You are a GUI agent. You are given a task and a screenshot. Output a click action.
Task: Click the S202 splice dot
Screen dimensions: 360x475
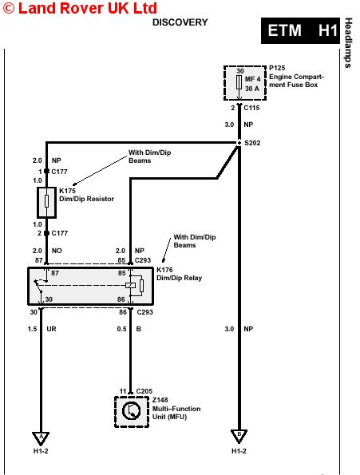(x=239, y=143)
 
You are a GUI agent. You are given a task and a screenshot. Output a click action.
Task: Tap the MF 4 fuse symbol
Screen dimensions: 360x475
(x=239, y=82)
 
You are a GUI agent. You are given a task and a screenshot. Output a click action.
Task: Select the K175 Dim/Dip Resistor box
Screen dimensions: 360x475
(x=46, y=202)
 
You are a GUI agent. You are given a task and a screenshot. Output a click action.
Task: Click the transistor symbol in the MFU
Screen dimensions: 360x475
(x=131, y=410)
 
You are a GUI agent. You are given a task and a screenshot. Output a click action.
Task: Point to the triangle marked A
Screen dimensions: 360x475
(x=41, y=438)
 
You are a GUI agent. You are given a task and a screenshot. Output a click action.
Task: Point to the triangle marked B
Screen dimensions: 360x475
(x=239, y=436)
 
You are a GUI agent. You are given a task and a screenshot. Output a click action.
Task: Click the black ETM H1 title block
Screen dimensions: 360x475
(x=300, y=30)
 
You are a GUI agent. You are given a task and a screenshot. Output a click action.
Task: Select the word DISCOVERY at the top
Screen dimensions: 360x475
(x=180, y=22)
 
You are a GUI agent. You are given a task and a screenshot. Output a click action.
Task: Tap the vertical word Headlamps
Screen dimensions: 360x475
(x=349, y=43)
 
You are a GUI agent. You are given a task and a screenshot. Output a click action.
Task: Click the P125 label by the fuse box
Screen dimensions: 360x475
(x=277, y=68)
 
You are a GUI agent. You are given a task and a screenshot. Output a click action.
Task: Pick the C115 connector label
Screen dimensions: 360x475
(x=251, y=108)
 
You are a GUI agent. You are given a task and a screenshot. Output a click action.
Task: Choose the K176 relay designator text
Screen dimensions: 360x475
(x=164, y=270)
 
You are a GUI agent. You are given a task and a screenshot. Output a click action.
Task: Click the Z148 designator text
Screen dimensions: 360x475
(x=160, y=400)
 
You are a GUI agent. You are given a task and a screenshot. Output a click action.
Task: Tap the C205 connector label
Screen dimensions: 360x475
(x=144, y=391)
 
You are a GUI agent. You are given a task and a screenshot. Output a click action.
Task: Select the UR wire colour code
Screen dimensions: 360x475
(x=51, y=329)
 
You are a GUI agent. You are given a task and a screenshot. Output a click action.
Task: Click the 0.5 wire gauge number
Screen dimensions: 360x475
(x=121, y=329)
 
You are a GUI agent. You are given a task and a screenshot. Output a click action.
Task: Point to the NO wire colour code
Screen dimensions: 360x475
(x=57, y=251)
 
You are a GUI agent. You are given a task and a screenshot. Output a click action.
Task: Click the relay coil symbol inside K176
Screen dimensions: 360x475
(x=130, y=285)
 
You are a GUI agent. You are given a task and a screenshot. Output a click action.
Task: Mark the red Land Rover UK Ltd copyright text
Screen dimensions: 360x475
(x=80, y=8)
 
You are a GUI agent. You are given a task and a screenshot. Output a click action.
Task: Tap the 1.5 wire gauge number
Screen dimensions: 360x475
(x=33, y=329)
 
